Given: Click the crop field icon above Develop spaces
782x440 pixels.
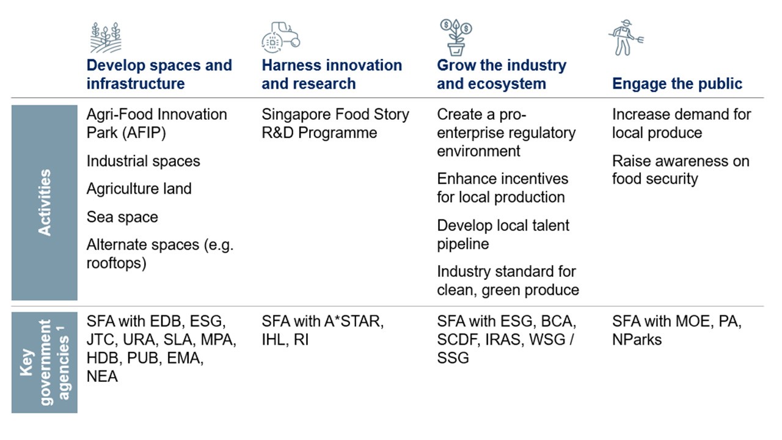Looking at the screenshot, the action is coord(106,37).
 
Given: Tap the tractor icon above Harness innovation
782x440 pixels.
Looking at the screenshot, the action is coord(280,37).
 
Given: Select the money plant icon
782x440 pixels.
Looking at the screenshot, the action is coord(456,37).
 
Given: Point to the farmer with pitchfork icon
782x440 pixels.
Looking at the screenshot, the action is coord(626,37).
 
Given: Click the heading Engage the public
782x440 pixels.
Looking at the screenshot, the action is coord(678,84).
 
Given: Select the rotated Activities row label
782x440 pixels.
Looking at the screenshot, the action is coord(45,202).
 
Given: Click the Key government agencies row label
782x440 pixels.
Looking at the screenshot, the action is coord(45,362).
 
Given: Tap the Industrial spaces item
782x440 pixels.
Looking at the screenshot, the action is coord(143,161).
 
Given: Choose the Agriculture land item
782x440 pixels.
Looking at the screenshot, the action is coord(139,189).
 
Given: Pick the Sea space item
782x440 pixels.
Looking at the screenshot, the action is coord(122,217).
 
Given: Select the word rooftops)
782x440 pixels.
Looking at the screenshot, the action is coord(116,263).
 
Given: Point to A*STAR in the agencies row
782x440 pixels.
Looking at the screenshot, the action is coord(354,321).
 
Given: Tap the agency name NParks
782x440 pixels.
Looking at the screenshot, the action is coord(637,340).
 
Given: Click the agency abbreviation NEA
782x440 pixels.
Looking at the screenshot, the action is coord(102,376).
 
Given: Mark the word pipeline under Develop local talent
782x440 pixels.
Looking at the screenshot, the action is coord(463,244).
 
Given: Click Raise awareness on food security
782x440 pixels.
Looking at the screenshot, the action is coord(681,170).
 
